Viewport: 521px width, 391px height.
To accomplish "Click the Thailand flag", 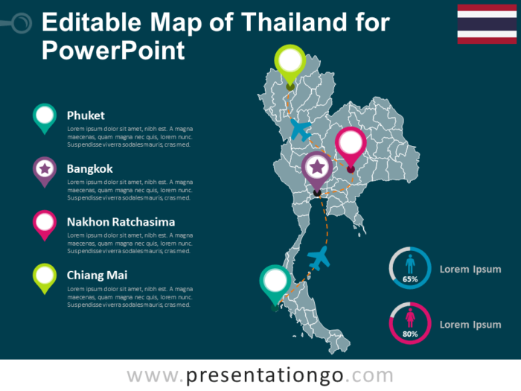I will tap(486, 23).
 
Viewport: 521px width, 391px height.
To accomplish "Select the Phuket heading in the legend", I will tap(85, 115).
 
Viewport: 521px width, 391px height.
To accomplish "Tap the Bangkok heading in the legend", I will tap(89, 168).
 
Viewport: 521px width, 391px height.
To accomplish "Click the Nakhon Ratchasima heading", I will tap(121, 222).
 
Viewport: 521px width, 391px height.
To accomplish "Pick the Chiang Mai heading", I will tap(97, 275).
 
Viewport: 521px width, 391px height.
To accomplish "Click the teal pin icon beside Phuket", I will tap(45, 116).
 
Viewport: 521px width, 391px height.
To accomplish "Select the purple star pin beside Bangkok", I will tap(45, 169).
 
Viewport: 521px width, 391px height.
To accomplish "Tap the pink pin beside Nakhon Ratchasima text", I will tap(45, 223).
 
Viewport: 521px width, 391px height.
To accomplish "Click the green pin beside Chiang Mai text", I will tap(45, 276).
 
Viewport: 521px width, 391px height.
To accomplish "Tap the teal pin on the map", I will tap(275, 281).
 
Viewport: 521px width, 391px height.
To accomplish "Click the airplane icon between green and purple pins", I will tap(300, 130).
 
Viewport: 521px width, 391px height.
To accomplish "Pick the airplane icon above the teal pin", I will tap(319, 258).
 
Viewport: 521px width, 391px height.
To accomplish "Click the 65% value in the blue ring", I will tap(410, 279).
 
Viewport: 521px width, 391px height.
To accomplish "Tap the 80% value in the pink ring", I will tap(410, 334).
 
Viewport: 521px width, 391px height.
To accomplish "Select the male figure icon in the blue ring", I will tap(410, 264).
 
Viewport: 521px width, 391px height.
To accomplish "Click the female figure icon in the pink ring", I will tap(410, 319).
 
